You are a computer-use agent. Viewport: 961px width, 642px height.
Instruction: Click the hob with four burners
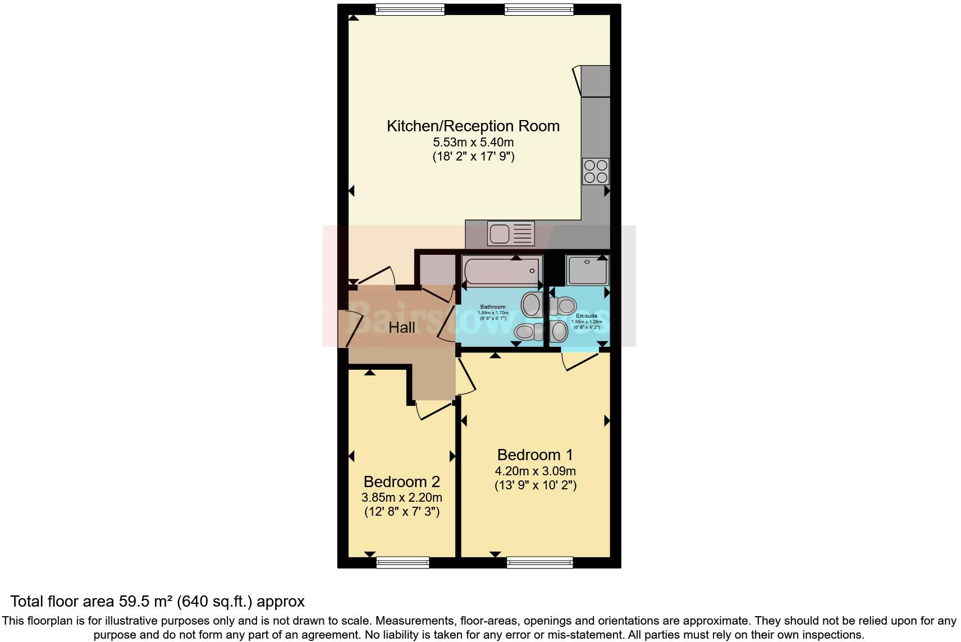[596, 171]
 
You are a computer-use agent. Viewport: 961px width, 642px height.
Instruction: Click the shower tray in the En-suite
[587, 270]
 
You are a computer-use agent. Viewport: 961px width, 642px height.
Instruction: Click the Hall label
[402, 328]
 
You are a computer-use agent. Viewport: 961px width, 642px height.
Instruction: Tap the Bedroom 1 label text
[535, 455]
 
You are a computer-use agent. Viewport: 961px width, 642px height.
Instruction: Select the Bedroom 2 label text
[401, 481]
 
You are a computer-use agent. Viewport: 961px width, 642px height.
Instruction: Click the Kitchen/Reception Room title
[473, 126]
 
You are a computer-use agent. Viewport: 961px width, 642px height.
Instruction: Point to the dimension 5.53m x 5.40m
[473, 143]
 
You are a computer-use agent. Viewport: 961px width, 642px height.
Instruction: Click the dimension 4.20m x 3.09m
[535, 471]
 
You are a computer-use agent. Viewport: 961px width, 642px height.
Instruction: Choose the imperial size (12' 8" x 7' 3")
[401, 512]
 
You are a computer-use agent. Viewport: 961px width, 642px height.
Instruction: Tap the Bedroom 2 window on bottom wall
[402, 562]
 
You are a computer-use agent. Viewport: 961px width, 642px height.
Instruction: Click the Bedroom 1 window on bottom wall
[539, 562]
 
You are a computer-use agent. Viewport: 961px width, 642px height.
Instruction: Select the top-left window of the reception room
[410, 9]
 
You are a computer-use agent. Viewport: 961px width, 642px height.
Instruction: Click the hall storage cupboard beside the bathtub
[436, 270]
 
